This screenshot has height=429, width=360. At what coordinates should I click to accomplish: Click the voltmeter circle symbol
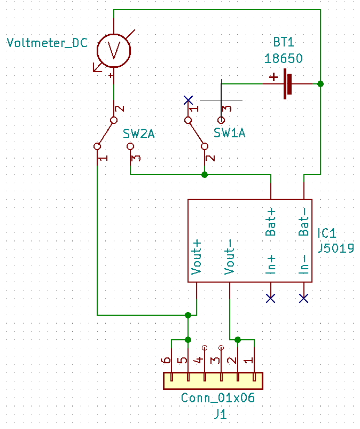114,50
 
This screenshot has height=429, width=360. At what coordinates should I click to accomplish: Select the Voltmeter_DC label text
47,43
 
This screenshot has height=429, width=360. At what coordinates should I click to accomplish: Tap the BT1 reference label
283,43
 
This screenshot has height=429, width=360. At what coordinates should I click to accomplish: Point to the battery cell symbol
289,84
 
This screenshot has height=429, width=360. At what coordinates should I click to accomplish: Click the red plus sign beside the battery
273,77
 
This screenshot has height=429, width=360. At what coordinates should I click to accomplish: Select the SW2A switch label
139,134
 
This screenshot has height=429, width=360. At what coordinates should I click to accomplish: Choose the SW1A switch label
230,134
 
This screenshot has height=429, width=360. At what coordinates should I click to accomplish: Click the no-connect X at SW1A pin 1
187,100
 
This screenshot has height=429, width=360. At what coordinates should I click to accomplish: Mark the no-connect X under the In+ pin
271,298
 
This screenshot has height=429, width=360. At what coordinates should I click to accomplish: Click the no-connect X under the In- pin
304,298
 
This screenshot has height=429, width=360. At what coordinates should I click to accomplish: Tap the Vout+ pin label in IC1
197,257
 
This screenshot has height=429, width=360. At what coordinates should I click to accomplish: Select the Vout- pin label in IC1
230,257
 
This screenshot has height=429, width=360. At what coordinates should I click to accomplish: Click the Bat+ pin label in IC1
271,222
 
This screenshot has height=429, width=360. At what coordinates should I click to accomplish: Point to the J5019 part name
335,248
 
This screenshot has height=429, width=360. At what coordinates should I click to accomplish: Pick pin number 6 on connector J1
168,361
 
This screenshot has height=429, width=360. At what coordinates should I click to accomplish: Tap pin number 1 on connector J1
249,361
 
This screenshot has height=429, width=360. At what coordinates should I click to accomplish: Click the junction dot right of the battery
320,84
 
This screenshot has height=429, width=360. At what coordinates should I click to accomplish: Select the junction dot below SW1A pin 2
204,175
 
